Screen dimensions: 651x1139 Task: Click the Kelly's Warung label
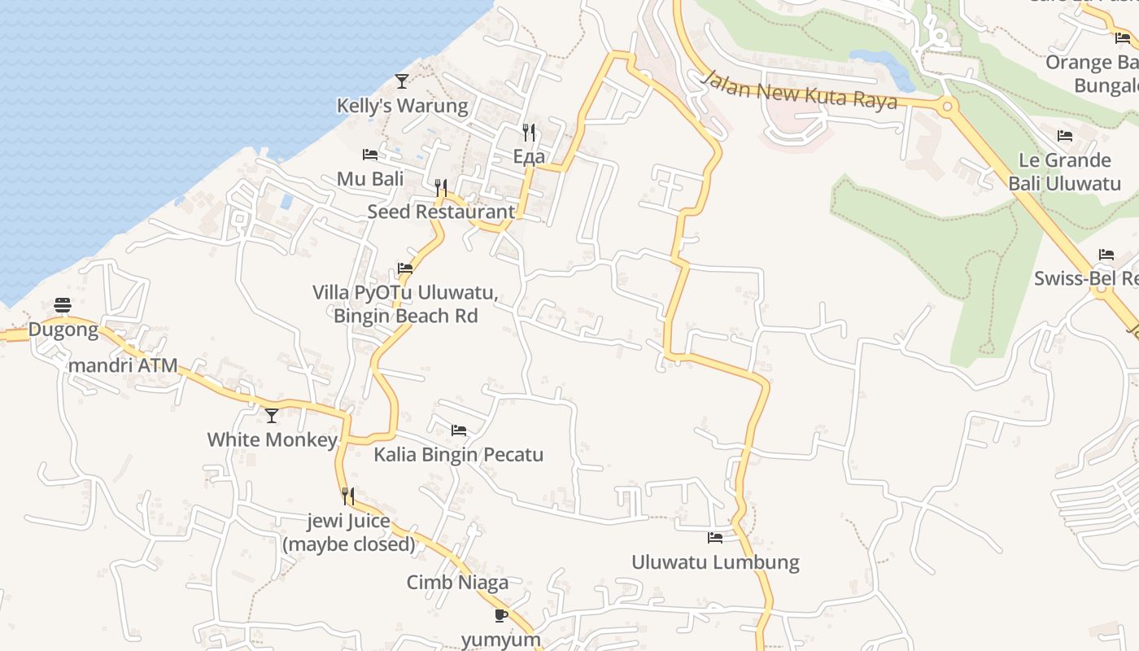pos(403,106)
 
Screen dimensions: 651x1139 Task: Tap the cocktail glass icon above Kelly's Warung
pos(402,81)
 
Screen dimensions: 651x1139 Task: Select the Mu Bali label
pos(370,179)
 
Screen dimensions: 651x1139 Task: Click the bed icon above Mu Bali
pos(370,154)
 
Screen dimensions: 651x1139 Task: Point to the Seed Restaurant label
pos(441,212)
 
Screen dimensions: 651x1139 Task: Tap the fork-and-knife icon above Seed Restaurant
pos(441,188)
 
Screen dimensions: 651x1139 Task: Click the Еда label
pos(529,156)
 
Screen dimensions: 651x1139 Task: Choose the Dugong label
pos(63,330)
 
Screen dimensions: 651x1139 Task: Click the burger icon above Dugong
pos(63,305)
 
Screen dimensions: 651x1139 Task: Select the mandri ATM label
pos(123,365)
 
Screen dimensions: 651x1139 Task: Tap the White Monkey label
pos(272,439)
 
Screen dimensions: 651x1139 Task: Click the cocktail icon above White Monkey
pos(272,416)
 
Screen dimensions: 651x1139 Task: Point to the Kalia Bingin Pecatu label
pos(458,454)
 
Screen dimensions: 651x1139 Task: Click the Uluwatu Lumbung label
pos(715,561)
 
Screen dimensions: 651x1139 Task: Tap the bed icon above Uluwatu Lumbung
pos(715,537)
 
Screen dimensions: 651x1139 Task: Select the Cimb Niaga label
pos(457,582)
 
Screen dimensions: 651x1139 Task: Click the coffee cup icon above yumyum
pos(501,615)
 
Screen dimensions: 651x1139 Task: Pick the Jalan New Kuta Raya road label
pos(800,90)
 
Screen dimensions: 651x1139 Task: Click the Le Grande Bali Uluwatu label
pos(1065,171)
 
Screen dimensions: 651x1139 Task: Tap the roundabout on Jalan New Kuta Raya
pos(946,106)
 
